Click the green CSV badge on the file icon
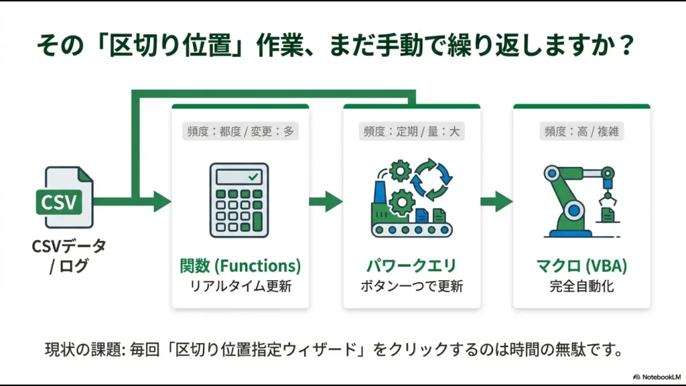58,202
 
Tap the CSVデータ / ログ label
68,257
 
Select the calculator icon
239,200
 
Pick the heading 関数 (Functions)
240,266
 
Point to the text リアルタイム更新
240,287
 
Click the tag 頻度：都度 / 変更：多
240,131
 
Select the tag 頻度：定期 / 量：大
411,131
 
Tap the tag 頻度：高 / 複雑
581,131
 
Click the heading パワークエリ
411,266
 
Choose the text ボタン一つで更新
411,287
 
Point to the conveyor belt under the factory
411,230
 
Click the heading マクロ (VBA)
581,266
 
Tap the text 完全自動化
581,287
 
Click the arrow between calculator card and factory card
326,200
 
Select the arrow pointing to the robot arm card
496,200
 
